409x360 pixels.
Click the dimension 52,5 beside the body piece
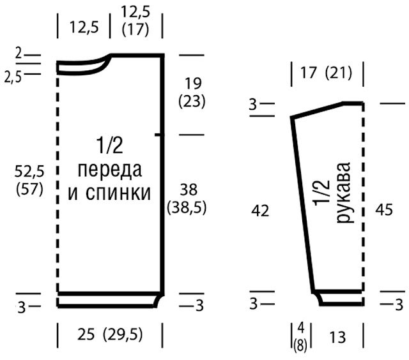(x=29, y=172)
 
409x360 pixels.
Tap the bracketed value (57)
(x=29, y=189)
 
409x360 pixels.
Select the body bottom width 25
(x=86, y=334)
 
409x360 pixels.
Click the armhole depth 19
(x=193, y=84)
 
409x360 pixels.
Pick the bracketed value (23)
(x=192, y=101)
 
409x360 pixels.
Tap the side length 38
(x=189, y=190)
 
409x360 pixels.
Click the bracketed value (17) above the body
(x=135, y=29)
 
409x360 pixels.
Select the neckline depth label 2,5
(x=13, y=77)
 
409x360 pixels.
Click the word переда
(x=110, y=170)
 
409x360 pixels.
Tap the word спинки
(x=118, y=193)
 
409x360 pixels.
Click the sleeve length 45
(x=384, y=210)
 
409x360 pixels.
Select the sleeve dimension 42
(x=260, y=211)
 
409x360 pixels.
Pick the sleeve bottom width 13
(x=337, y=337)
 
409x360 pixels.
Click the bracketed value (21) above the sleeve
(x=339, y=73)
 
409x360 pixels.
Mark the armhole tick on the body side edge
(x=159, y=135)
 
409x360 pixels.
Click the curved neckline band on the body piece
(x=84, y=66)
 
